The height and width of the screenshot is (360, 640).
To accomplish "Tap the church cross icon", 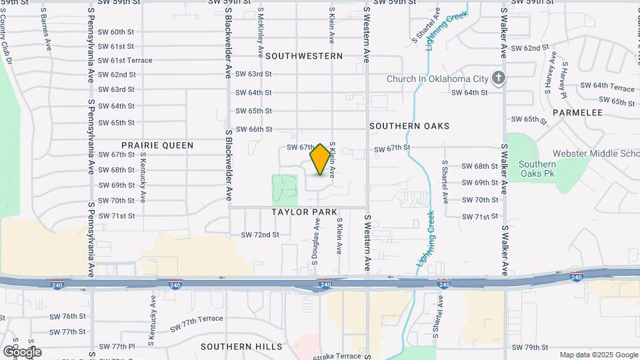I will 498,78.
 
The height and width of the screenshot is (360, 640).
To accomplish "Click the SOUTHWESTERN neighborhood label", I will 304,57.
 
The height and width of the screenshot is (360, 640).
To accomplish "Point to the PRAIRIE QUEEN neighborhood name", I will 157,145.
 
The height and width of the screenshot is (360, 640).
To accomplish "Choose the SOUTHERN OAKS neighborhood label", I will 409,126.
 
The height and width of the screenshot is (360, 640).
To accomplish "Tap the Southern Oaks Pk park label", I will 537,169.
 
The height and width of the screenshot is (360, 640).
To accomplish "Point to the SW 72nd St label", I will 259,235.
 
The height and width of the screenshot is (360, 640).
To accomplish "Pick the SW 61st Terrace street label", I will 125,61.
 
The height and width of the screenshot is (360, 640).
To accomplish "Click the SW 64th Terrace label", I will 607,87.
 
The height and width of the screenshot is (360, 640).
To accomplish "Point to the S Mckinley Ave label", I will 260,33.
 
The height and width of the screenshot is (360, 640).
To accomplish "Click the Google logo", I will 21,351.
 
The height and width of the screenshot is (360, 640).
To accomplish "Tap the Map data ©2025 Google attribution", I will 599,355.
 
